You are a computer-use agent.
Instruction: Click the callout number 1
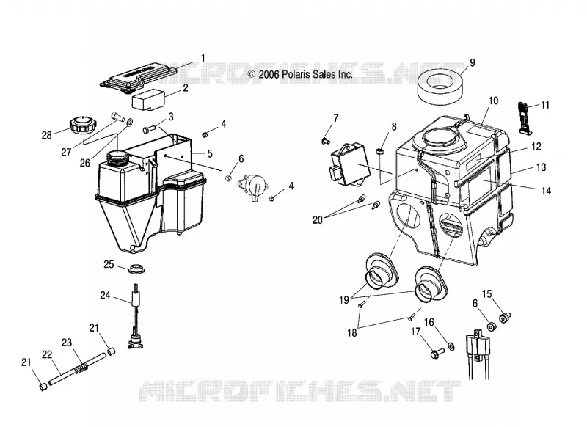click(x=203, y=59)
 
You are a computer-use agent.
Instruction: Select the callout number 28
click(x=47, y=135)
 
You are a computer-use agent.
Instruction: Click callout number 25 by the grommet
click(x=109, y=265)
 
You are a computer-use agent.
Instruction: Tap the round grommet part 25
click(x=136, y=269)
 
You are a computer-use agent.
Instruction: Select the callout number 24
click(x=105, y=296)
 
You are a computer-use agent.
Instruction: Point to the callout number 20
click(x=318, y=220)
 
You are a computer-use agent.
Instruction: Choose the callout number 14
click(x=546, y=191)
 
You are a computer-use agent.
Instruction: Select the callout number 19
click(x=344, y=300)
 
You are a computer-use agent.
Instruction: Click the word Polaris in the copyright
click(x=295, y=74)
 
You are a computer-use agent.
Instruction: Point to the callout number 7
click(x=336, y=118)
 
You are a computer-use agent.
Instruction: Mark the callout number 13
click(x=542, y=167)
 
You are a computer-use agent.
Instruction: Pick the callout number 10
click(x=493, y=101)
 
